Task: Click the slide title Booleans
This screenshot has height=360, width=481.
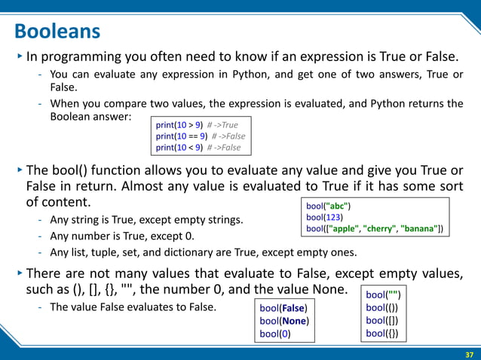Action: pyautogui.click(x=57, y=32)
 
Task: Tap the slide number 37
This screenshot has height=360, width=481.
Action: pyautogui.click(x=469, y=353)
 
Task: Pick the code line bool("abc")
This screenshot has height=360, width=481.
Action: pyautogui.click(x=329, y=205)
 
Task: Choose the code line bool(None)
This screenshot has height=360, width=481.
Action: pyautogui.click(x=284, y=322)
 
